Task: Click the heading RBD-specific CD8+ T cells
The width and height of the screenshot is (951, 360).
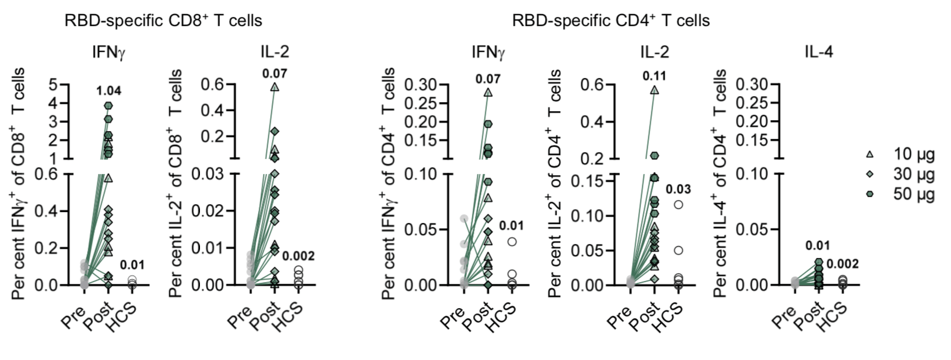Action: pos(163,21)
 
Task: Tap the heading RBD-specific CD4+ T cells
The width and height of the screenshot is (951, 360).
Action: pos(611,21)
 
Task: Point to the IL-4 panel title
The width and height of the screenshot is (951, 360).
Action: pos(818,52)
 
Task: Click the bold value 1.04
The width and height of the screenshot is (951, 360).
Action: pos(109,91)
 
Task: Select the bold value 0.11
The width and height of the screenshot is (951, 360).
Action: pos(654,76)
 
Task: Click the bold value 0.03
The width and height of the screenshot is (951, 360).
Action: pos(679,189)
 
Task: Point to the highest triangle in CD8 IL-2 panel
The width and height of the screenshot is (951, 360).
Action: pos(275,87)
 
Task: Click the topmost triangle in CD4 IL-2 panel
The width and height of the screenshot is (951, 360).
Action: pos(654,90)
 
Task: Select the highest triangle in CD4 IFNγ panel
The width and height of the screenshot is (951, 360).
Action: pos(488,92)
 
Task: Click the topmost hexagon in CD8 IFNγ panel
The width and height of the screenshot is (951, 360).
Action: pos(108,106)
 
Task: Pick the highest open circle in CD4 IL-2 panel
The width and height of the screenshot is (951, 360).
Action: pos(679,205)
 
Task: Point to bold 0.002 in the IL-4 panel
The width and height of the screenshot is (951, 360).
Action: pos(842,264)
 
